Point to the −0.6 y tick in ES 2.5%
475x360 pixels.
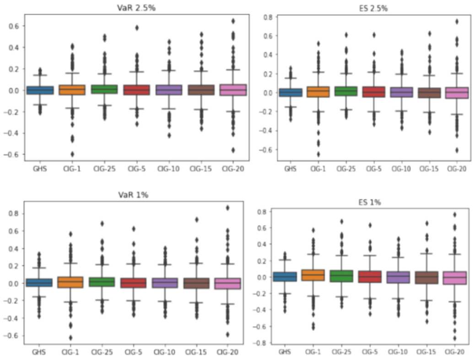tap(264, 150)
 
